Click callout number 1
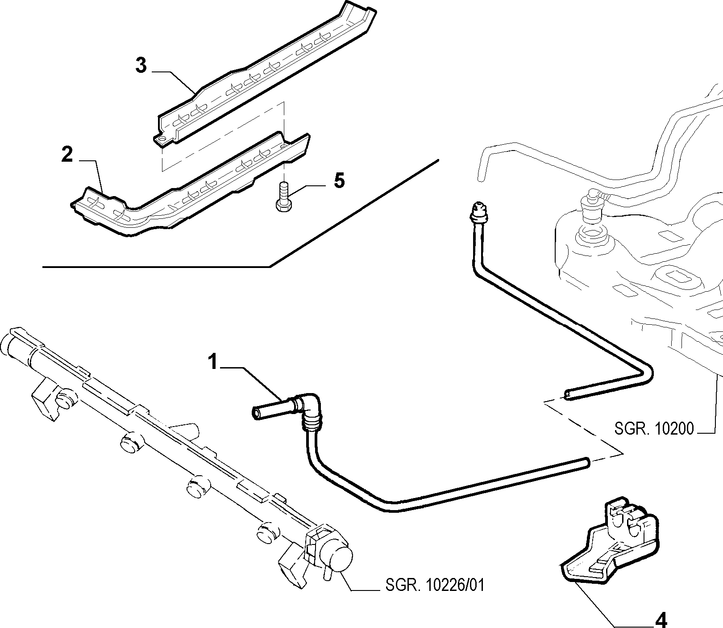214,361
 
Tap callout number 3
141,66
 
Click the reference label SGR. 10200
654,429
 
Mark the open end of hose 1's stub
256,413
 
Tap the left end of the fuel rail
9,344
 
